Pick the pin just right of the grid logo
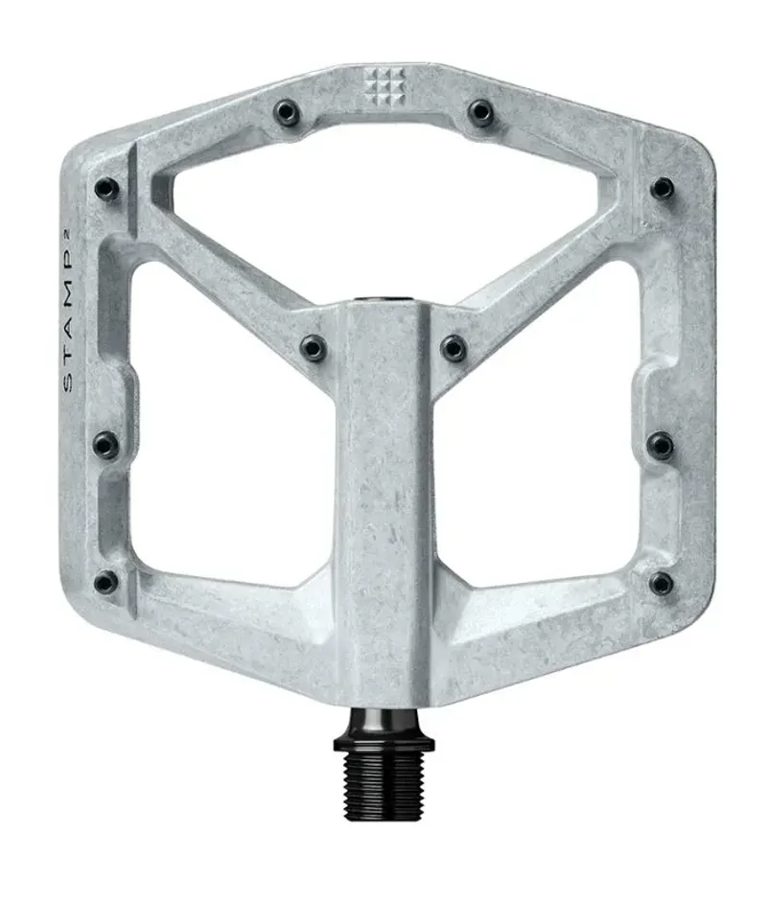(x=480, y=113)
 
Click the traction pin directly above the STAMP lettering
(x=106, y=189)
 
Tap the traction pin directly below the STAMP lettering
(x=106, y=445)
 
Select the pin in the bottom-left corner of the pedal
(x=106, y=582)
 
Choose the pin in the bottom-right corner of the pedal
(x=661, y=583)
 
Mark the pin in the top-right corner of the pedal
(x=662, y=188)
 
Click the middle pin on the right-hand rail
(x=661, y=445)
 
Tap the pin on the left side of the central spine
(x=314, y=347)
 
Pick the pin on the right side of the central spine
(x=453, y=347)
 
